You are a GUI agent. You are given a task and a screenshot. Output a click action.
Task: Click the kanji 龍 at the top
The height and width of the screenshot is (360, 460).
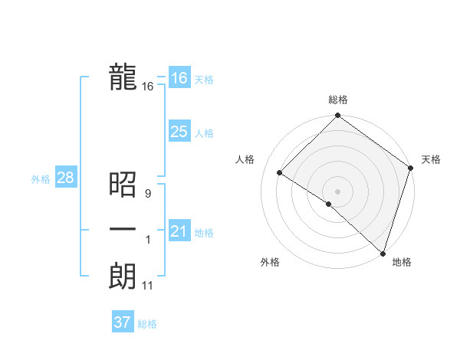(x=123, y=77)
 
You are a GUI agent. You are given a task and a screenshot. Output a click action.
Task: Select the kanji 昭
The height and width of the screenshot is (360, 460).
(x=123, y=185)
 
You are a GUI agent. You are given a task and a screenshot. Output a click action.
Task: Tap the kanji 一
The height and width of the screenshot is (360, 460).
(x=123, y=231)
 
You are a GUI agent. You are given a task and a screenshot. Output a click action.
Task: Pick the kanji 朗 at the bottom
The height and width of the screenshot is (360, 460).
(x=123, y=277)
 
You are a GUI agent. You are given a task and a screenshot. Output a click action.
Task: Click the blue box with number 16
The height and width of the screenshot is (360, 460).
(x=179, y=78)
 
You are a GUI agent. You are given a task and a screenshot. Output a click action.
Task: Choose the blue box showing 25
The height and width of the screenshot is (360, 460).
(x=179, y=132)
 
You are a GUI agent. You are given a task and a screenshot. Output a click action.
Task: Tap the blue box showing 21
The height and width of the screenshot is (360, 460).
(x=179, y=231)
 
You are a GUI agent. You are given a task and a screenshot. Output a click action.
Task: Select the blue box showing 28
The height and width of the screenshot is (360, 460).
(x=65, y=178)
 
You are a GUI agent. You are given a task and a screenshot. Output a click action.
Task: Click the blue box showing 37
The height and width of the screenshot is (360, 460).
(x=122, y=322)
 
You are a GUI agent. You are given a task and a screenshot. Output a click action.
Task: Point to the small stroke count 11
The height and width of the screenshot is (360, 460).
(x=147, y=286)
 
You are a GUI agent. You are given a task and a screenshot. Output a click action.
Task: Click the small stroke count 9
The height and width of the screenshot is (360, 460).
(x=147, y=194)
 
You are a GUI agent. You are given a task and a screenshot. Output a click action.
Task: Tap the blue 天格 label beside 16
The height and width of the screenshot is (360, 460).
(x=204, y=80)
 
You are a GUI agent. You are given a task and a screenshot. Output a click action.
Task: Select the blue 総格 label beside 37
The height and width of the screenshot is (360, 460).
(x=147, y=324)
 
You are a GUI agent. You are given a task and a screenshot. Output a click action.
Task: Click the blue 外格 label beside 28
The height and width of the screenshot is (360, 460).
(x=41, y=179)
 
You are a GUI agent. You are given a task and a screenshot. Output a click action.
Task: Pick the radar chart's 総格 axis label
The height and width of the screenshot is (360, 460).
(x=337, y=100)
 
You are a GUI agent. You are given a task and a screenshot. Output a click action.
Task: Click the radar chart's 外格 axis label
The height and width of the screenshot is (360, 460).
(x=270, y=262)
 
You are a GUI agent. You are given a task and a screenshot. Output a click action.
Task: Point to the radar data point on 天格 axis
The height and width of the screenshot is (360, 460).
(x=411, y=168)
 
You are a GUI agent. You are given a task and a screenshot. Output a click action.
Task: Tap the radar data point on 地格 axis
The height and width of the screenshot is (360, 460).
(x=382, y=252)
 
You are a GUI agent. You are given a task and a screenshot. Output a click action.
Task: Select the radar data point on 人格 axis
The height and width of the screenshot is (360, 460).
(x=280, y=173)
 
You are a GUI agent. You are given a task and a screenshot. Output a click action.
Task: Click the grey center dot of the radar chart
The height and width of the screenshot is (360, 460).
(x=337, y=191)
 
